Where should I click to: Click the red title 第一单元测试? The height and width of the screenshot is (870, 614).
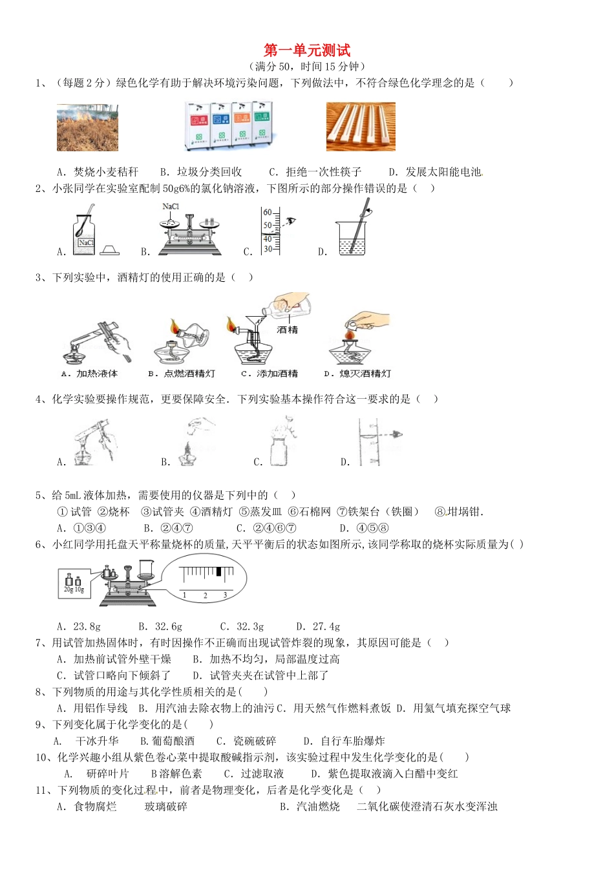(x=307, y=50)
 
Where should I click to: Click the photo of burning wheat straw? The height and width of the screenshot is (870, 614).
(x=87, y=127)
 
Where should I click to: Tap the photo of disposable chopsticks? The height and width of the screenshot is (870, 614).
(x=360, y=127)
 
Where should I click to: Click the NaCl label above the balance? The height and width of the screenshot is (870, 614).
(x=171, y=207)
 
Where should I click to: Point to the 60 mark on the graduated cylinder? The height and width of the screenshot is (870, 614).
(x=267, y=213)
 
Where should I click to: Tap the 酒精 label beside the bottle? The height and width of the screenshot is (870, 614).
(x=288, y=330)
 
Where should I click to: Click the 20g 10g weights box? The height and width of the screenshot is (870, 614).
(x=74, y=582)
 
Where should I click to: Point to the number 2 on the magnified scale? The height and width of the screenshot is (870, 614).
(x=205, y=595)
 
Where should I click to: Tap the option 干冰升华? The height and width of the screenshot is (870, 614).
(x=97, y=741)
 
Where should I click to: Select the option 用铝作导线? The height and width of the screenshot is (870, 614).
(x=100, y=708)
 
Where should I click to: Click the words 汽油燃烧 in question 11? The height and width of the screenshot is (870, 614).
(x=318, y=807)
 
